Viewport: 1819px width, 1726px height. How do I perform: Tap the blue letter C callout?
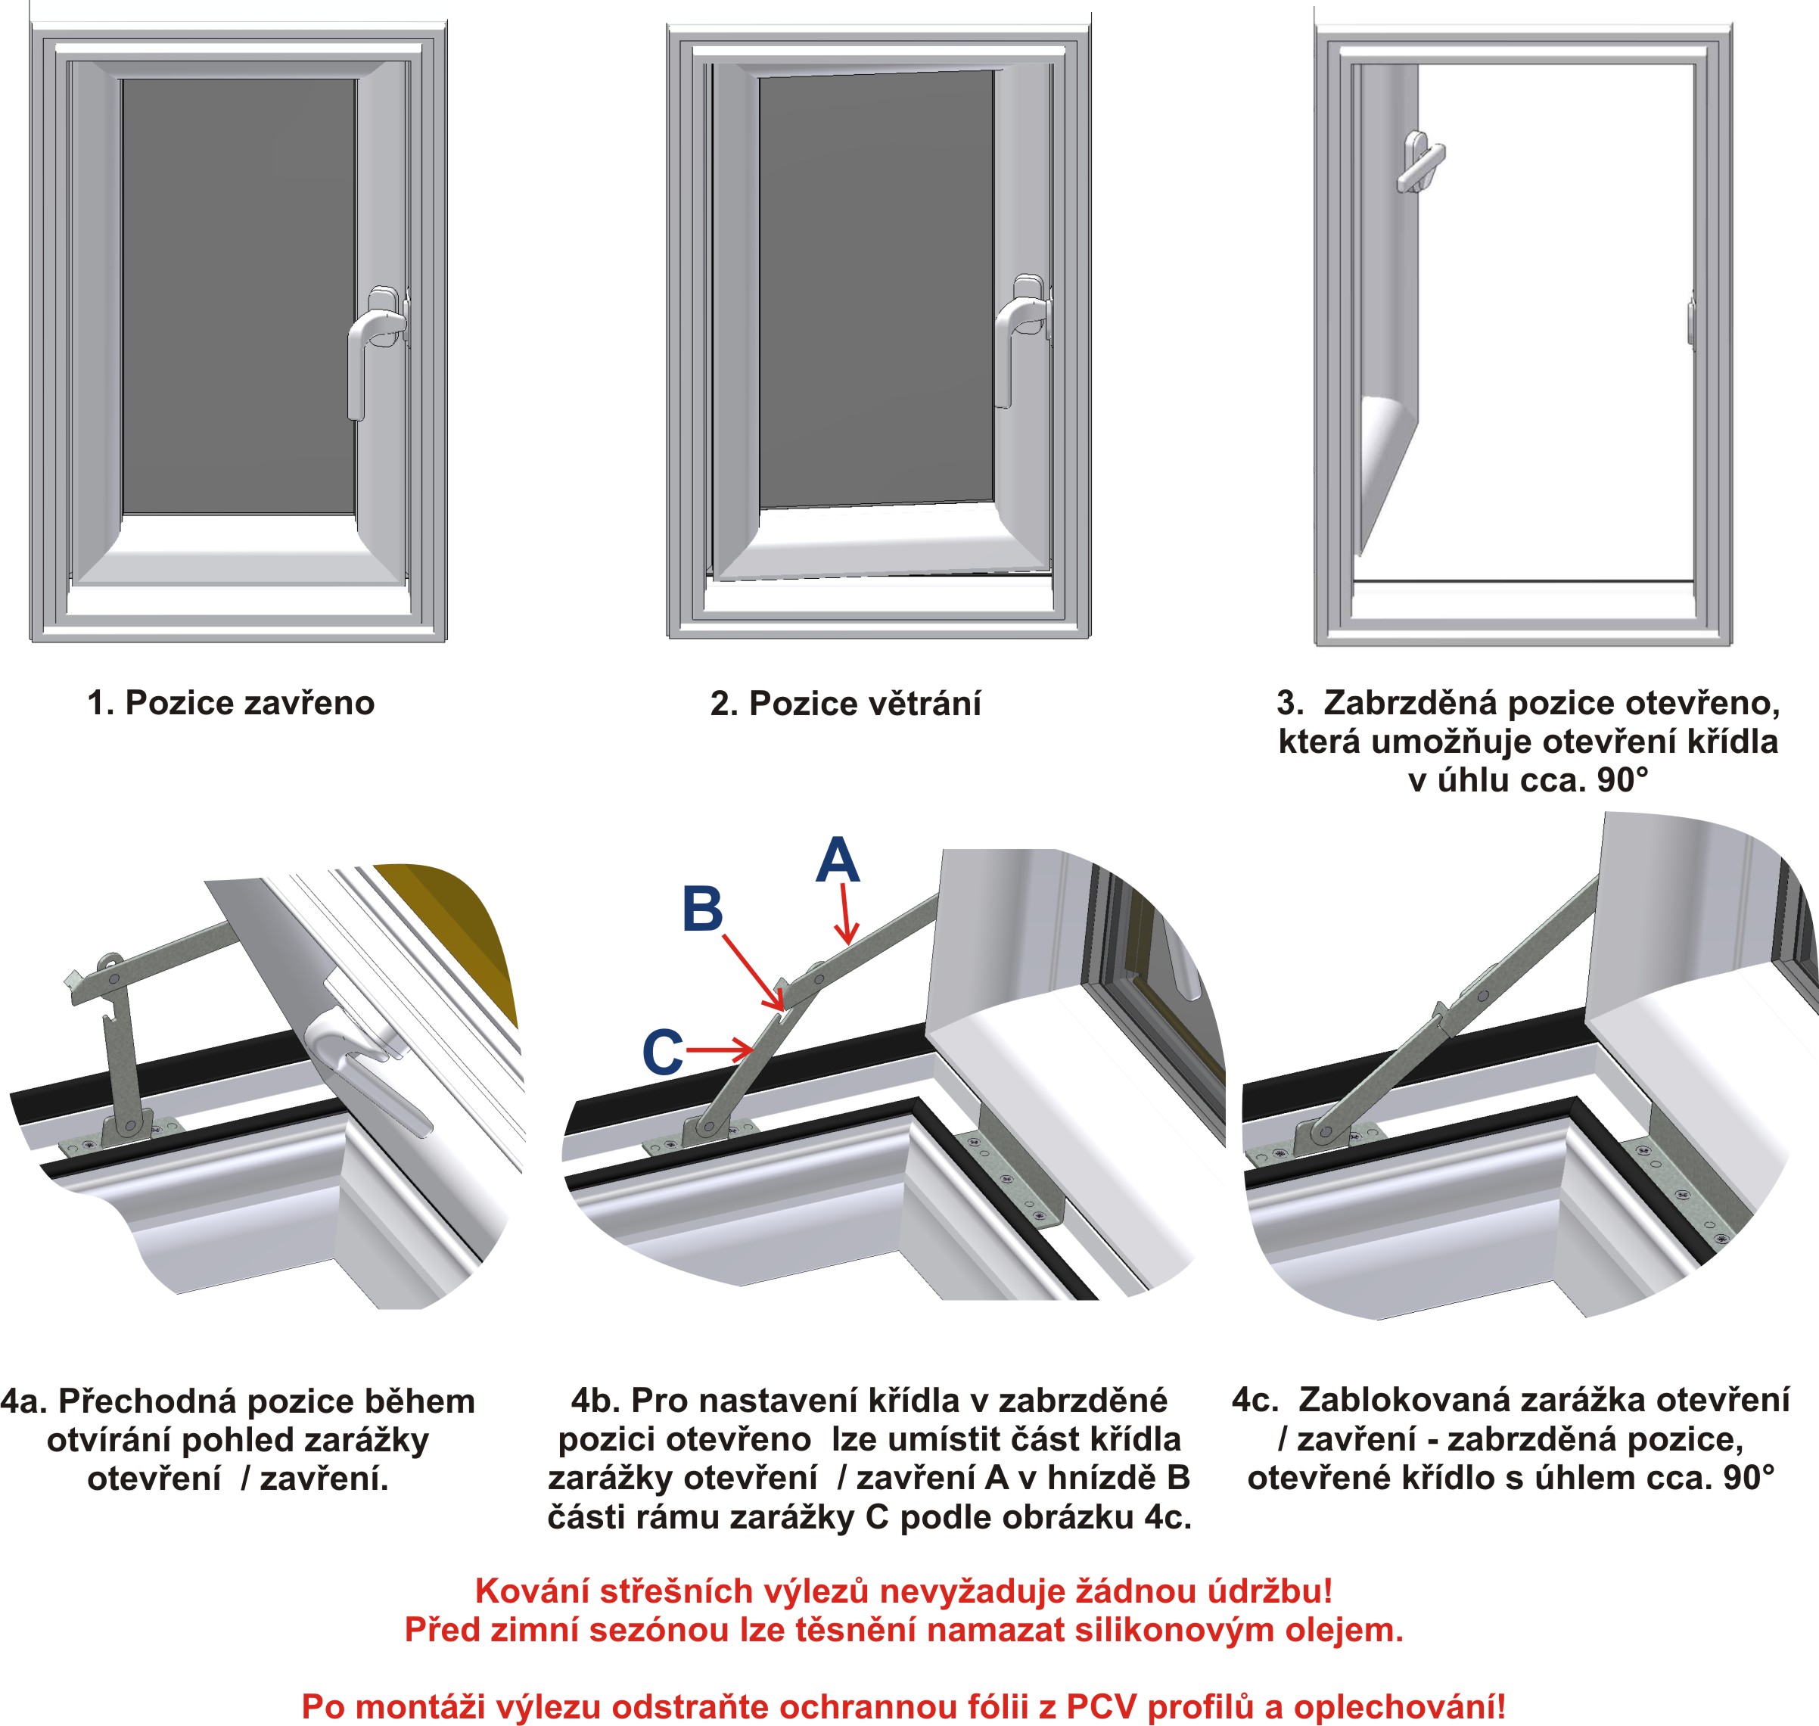(663, 1052)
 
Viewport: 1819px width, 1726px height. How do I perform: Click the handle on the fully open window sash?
(1419, 163)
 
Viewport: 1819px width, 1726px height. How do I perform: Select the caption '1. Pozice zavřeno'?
(231, 703)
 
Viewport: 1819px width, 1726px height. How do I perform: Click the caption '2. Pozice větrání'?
(844, 704)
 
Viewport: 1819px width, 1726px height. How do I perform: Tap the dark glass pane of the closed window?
(238, 294)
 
